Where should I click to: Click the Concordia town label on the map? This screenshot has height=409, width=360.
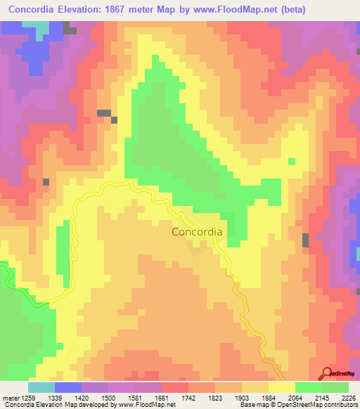198,231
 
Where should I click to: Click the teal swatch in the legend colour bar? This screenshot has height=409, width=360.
41,387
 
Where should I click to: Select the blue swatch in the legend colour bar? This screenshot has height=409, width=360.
68,387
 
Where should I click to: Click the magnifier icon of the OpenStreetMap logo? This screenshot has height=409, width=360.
328,374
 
